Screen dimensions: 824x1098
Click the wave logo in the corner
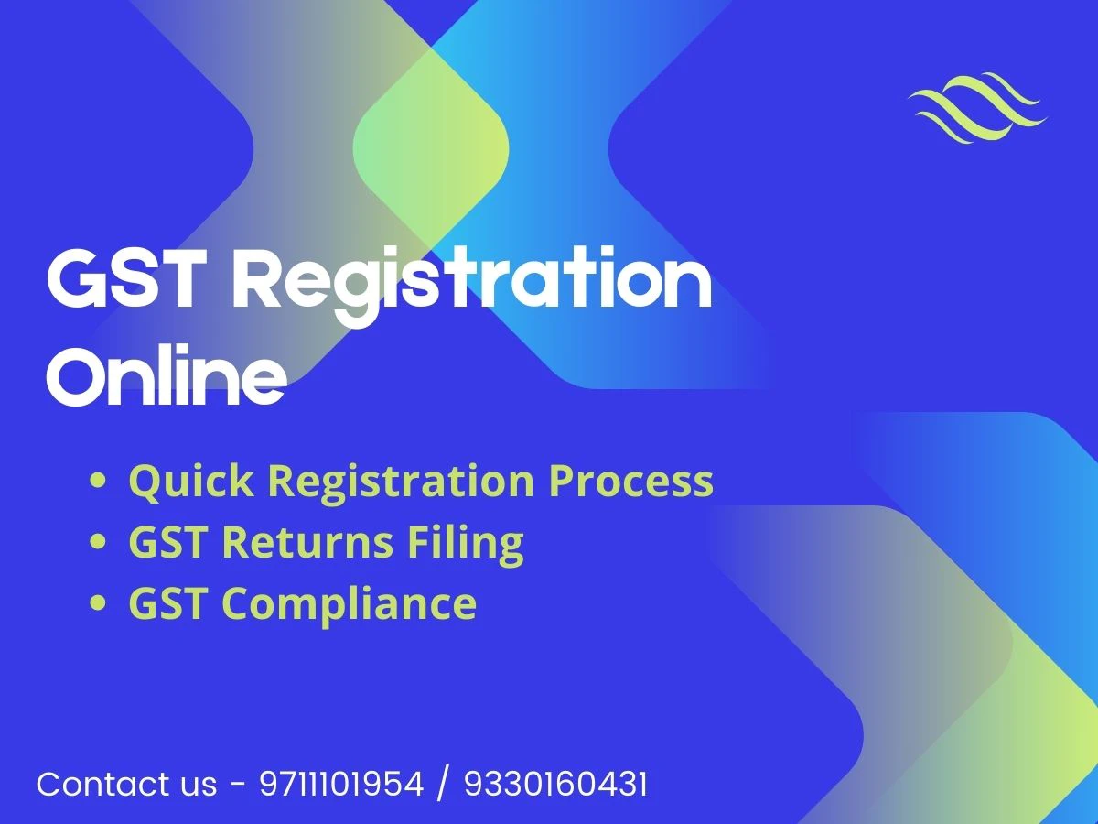pos(978,109)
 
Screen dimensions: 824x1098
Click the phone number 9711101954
pos(341,785)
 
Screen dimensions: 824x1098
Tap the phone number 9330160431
pos(555,785)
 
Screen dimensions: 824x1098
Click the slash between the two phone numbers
pos(444,785)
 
